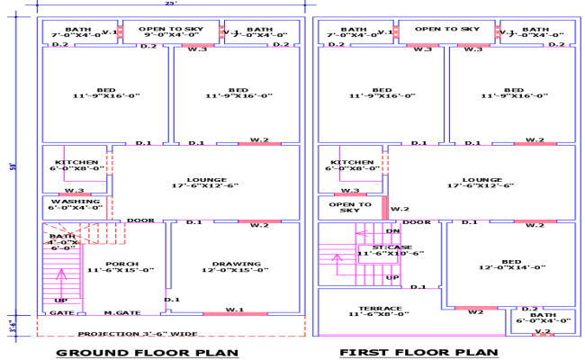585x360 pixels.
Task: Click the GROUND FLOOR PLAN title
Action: click(x=148, y=352)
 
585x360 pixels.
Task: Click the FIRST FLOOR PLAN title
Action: click(x=418, y=352)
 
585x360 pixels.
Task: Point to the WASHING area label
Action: click(x=76, y=202)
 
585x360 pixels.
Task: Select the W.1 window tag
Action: click(x=235, y=309)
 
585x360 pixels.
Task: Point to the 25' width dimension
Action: click(x=171, y=4)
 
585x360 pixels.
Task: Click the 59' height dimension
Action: click(x=13, y=166)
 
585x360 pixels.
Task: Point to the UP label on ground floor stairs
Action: click(x=61, y=300)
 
